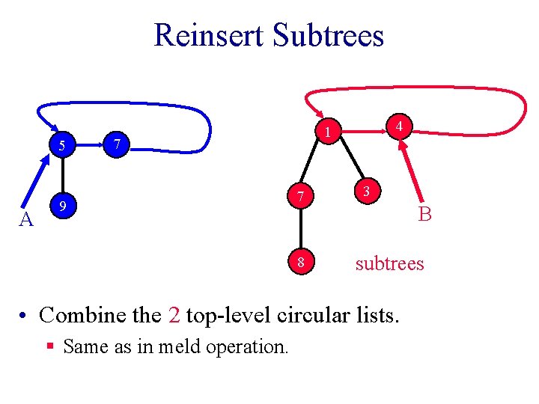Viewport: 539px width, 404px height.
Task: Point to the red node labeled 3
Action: pos(366,191)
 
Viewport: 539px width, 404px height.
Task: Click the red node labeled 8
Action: pos(300,263)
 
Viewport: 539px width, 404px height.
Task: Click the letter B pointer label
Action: pos(425,215)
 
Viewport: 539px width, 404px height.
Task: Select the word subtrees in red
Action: pos(389,263)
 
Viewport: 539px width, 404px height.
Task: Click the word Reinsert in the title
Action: pos(209,35)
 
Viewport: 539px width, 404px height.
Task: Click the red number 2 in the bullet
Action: pos(174,315)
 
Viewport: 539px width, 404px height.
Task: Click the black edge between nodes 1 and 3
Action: pos(347,162)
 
